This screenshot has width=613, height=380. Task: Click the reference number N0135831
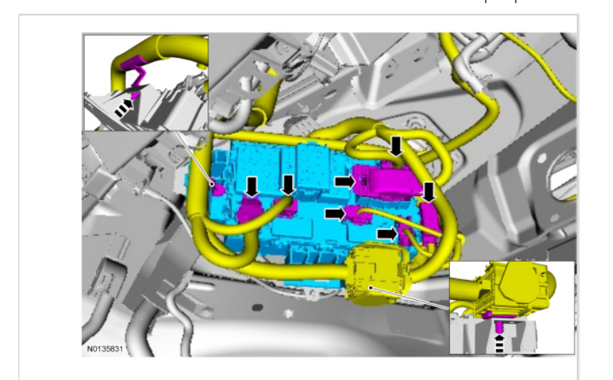point(105,348)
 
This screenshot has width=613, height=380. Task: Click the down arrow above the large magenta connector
point(396,147)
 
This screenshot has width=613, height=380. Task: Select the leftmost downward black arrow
point(252,187)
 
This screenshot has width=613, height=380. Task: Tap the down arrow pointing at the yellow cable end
point(288,185)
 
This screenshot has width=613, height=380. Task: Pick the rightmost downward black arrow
point(429,192)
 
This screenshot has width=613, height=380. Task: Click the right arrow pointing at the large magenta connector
point(345,181)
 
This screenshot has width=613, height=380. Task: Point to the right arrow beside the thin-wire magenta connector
point(335,213)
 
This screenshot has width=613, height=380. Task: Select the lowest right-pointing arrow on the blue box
point(387,234)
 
